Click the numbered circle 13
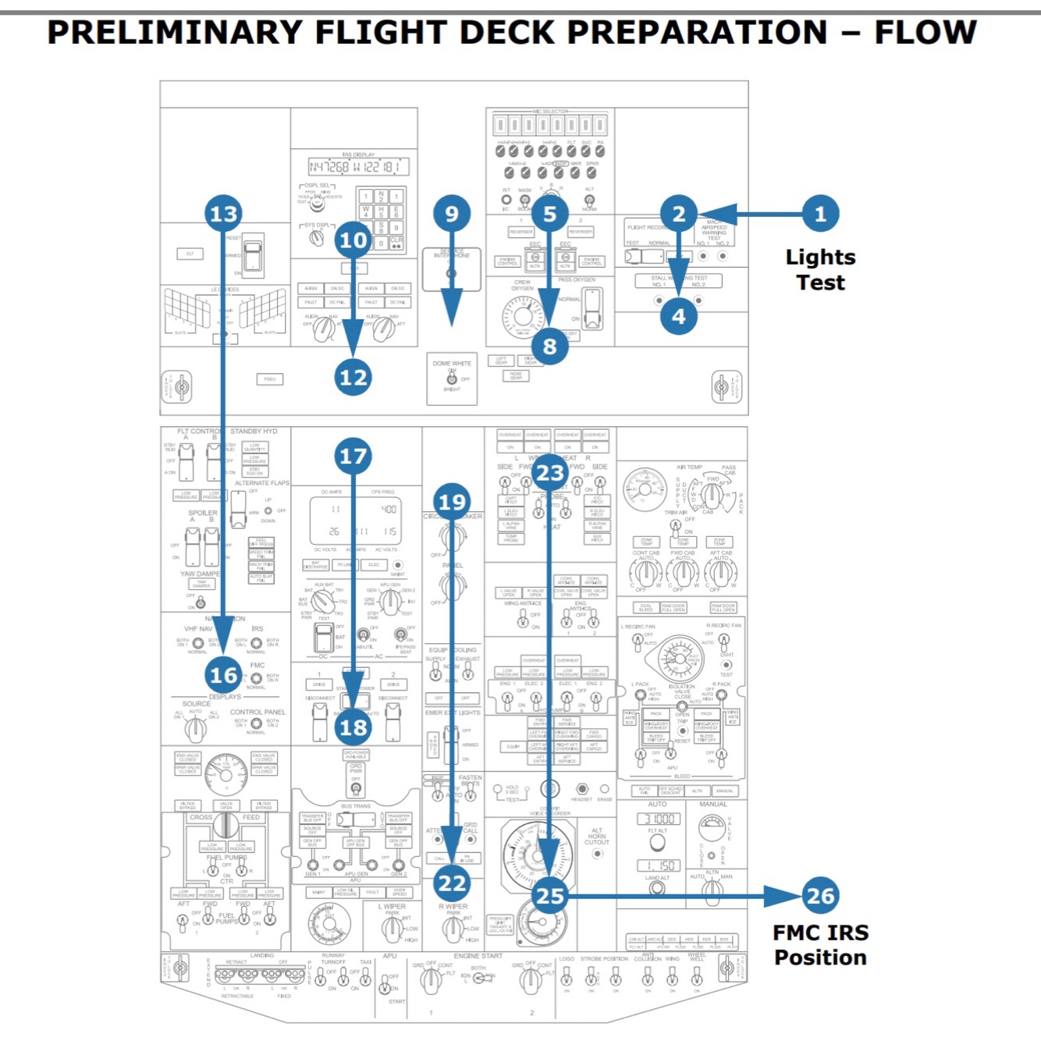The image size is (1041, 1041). click(x=223, y=214)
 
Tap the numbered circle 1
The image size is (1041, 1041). click(x=820, y=214)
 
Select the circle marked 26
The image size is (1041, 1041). click(x=820, y=896)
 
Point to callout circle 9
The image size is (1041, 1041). click(x=452, y=214)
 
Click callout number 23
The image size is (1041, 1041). click(x=549, y=473)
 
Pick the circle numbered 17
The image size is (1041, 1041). click(x=353, y=456)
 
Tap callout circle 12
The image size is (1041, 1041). click(x=353, y=378)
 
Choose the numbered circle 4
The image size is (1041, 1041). click(x=678, y=316)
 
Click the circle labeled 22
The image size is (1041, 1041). click(x=452, y=883)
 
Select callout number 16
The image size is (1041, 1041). click(x=223, y=675)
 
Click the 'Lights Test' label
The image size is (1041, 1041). click(x=820, y=270)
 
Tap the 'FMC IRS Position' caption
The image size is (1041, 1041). click(x=820, y=945)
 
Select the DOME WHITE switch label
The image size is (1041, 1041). click(x=452, y=364)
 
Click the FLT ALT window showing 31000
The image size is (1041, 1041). click(x=658, y=819)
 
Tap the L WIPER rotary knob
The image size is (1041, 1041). click(x=393, y=928)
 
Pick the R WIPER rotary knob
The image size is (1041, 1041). click(x=453, y=928)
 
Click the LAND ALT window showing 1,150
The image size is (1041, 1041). click(x=658, y=865)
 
